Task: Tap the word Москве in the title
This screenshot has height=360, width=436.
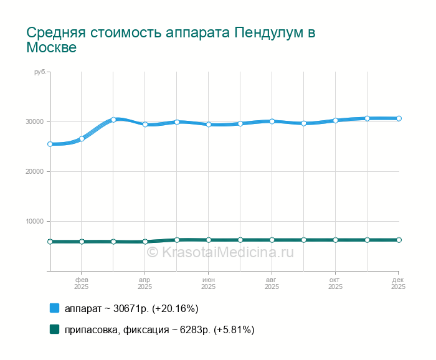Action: (x=51, y=47)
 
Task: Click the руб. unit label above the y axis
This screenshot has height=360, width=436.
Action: (x=40, y=72)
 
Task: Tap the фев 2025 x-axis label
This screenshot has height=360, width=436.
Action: (x=82, y=283)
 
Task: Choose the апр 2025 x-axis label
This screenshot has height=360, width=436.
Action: (x=145, y=283)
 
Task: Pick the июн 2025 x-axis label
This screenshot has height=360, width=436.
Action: (x=209, y=283)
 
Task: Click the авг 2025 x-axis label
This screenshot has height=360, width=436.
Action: (x=272, y=283)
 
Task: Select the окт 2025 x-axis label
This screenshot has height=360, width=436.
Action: (x=335, y=283)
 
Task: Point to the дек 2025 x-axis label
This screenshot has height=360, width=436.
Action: (x=398, y=283)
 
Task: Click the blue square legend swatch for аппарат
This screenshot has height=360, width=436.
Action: (x=54, y=308)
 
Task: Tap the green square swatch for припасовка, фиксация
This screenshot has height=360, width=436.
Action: (x=54, y=329)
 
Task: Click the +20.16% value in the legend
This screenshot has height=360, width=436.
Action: (x=175, y=308)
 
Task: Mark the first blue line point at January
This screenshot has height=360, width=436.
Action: (x=50, y=144)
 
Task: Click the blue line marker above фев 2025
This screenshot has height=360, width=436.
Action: (x=82, y=138)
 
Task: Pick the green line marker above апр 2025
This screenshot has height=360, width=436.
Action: (x=145, y=242)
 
